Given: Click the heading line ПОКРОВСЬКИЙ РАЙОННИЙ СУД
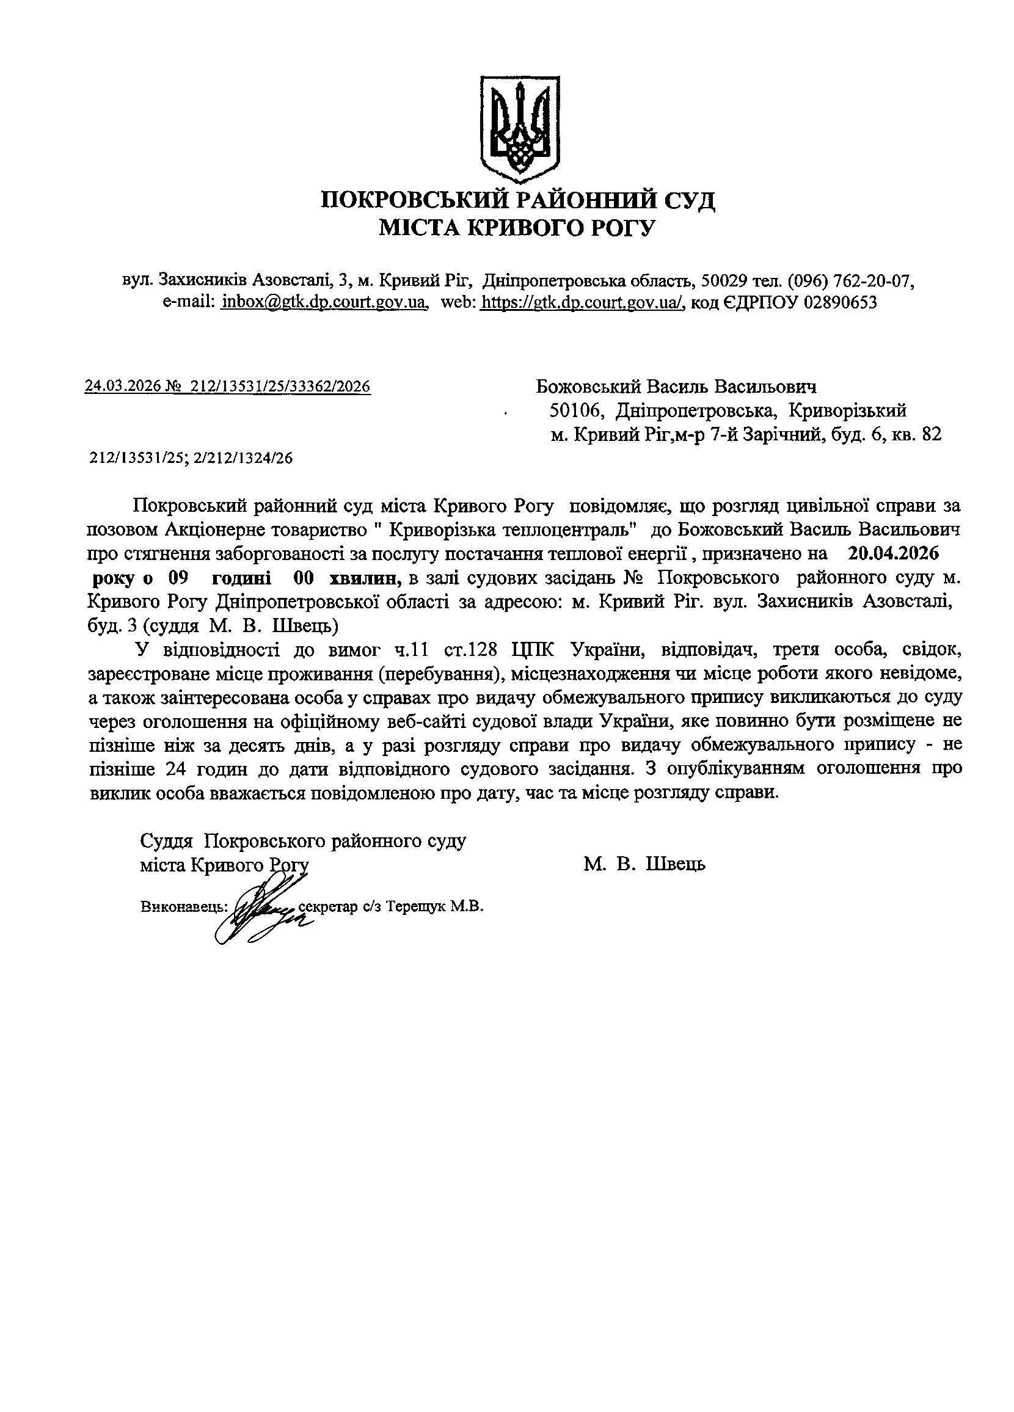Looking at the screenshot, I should pos(518,201).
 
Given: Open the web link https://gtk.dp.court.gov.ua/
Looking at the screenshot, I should pos(583,302).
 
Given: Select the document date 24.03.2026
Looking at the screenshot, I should pos(122,387).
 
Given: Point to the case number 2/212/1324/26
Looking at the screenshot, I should pos(243,459).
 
